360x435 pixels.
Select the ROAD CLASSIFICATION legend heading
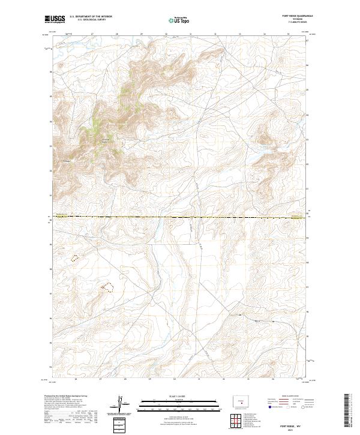(289, 397)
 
